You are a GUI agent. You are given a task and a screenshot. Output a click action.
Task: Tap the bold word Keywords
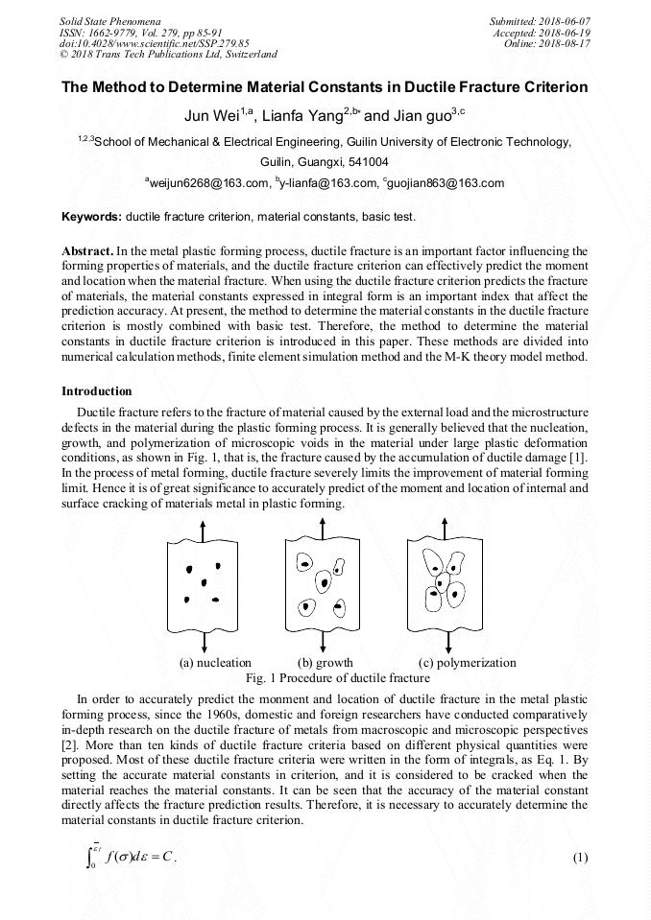tap(91, 217)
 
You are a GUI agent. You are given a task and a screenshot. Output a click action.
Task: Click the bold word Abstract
tap(87, 250)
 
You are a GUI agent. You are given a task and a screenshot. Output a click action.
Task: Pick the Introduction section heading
tap(97, 391)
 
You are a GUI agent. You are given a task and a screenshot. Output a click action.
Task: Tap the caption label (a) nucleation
tap(216, 662)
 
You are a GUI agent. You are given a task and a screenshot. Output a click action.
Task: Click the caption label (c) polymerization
tap(468, 662)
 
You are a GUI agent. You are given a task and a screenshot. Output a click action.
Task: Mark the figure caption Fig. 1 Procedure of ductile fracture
tap(325, 677)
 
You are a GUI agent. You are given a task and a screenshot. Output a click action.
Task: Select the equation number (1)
tap(579, 857)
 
